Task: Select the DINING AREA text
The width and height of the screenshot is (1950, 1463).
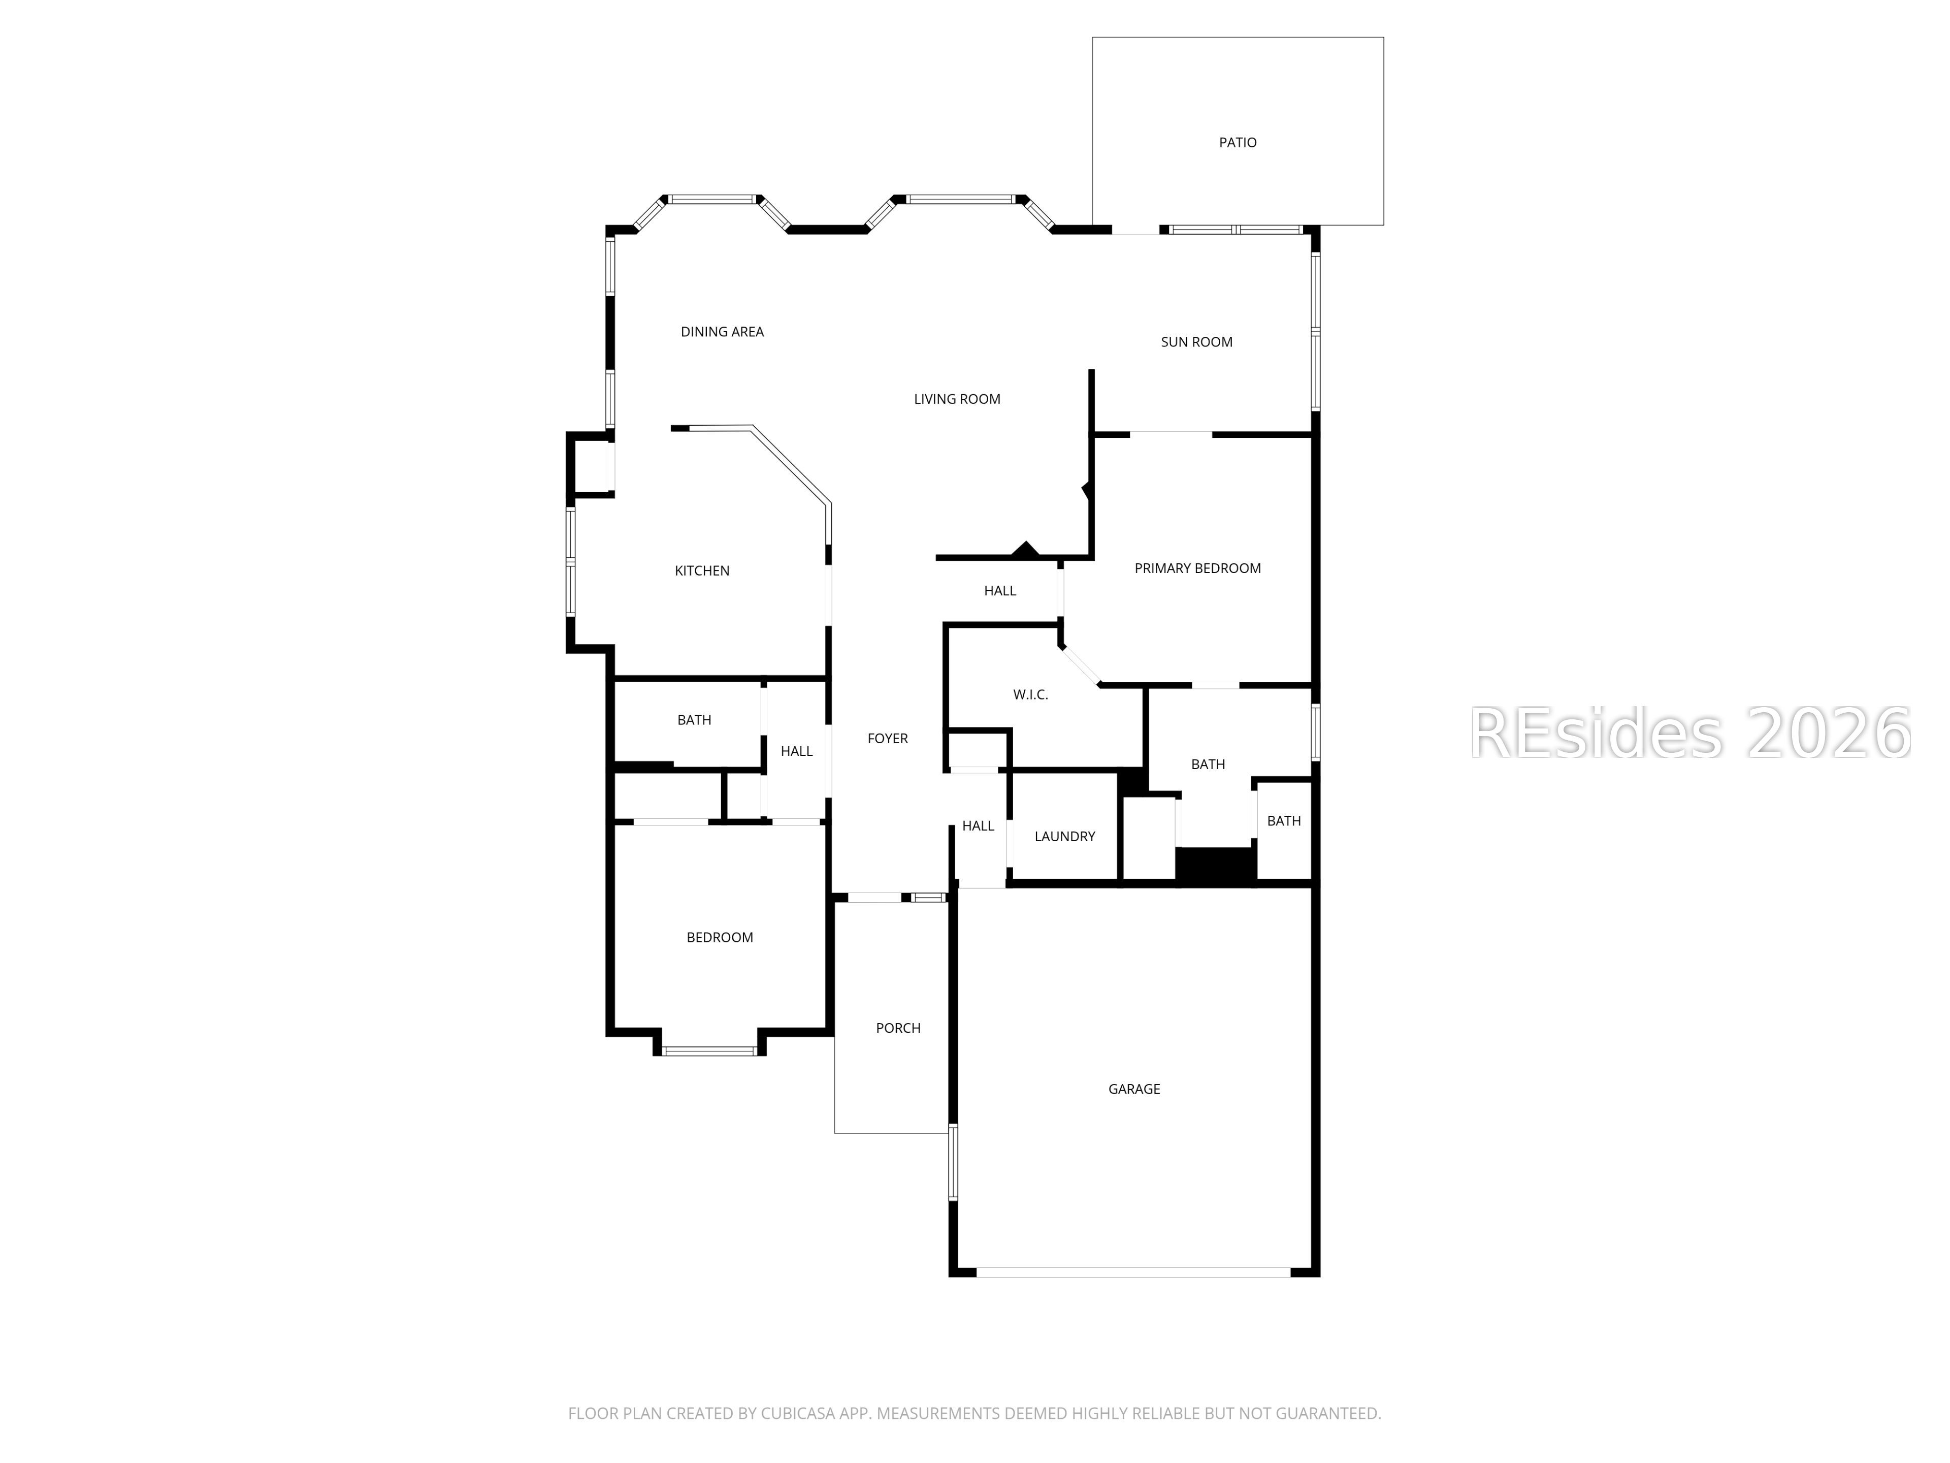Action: pyautogui.click(x=722, y=332)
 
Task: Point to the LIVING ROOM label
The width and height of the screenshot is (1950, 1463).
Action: pyautogui.click(x=957, y=399)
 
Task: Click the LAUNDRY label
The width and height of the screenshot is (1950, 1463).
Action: pyautogui.click(x=1064, y=837)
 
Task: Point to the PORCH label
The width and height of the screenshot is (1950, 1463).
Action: pyautogui.click(x=897, y=1028)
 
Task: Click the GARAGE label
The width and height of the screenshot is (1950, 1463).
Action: pyautogui.click(x=1133, y=1089)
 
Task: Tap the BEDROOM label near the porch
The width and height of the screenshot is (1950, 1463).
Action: pyautogui.click(x=720, y=937)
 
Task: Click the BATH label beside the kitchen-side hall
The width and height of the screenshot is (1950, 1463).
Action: pyautogui.click(x=694, y=720)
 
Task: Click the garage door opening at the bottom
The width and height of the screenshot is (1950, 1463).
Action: pyautogui.click(x=1133, y=1273)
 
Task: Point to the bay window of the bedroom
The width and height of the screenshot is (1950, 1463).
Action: pyautogui.click(x=709, y=1051)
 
